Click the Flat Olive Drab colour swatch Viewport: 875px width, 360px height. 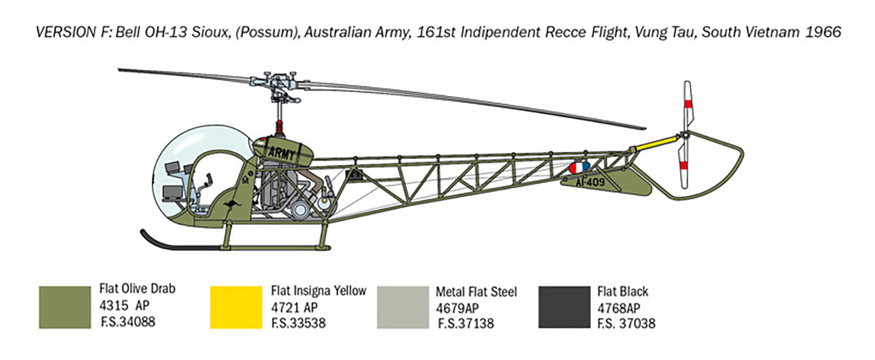65,307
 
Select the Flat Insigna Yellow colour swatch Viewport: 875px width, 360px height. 236,307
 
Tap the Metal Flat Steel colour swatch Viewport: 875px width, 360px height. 402,307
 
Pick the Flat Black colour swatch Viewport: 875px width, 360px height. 565,307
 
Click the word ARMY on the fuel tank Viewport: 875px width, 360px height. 281,153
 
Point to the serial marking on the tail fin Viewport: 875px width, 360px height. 590,182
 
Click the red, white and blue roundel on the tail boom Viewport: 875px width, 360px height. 580,167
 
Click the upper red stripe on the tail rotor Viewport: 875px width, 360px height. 688,104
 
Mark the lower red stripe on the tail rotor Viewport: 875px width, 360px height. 684,165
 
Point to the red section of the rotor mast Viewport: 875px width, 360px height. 279,127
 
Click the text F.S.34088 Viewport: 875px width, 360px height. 128,322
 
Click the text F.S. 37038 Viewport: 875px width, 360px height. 626,324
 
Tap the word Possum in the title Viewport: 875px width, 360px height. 267,33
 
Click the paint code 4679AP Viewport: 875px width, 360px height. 457,309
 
